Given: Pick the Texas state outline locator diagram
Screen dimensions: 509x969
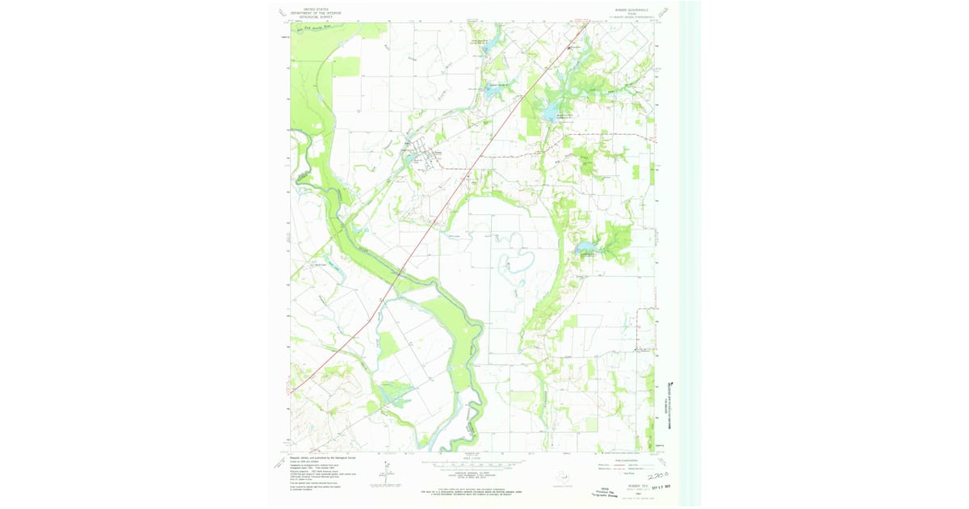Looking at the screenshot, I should click(x=562, y=476).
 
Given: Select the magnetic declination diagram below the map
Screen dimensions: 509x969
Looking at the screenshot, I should click(x=386, y=473).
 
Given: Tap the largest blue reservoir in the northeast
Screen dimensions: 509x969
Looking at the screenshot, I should click(x=550, y=110).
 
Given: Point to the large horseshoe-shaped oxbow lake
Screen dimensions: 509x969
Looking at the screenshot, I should click(x=516, y=262).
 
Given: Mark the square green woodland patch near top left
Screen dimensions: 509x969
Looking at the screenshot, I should click(x=346, y=68).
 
